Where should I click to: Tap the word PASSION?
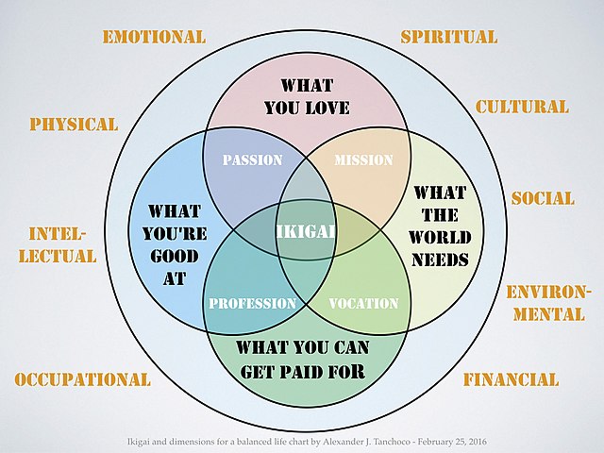[x=252, y=160]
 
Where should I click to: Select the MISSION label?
[x=363, y=160]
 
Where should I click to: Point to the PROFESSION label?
[x=253, y=304]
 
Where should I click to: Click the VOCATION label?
[x=363, y=304]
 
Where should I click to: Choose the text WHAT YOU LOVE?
[x=308, y=95]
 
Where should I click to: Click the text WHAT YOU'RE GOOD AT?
[x=175, y=241]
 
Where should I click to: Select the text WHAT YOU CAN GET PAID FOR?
[x=304, y=359]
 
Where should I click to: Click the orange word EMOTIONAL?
[x=154, y=38]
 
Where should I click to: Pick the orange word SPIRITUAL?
[x=448, y=38]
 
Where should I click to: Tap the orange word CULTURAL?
[x=522, y=107]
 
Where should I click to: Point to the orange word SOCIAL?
[x=543, y=199]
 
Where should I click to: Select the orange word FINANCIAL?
[x=511, y=380]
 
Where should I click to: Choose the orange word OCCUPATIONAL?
[x=83, y=380]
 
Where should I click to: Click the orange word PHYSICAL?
[x=74, y=125]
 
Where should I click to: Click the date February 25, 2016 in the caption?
[x=447, y=442]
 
